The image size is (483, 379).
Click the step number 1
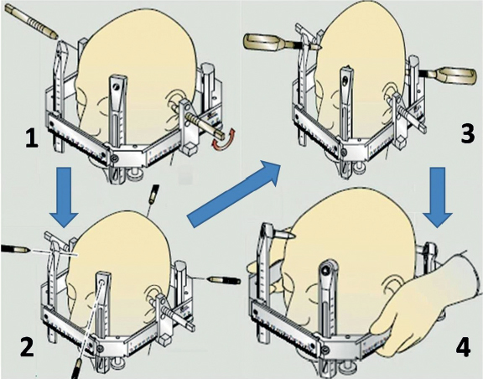pos(32,139)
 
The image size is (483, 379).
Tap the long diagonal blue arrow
pos(234,194)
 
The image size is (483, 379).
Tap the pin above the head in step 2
pos(153,195)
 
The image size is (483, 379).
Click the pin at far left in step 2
pos(15,248)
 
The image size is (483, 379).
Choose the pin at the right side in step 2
pos(224,279)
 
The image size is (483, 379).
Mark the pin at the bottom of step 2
pos(77,368)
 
